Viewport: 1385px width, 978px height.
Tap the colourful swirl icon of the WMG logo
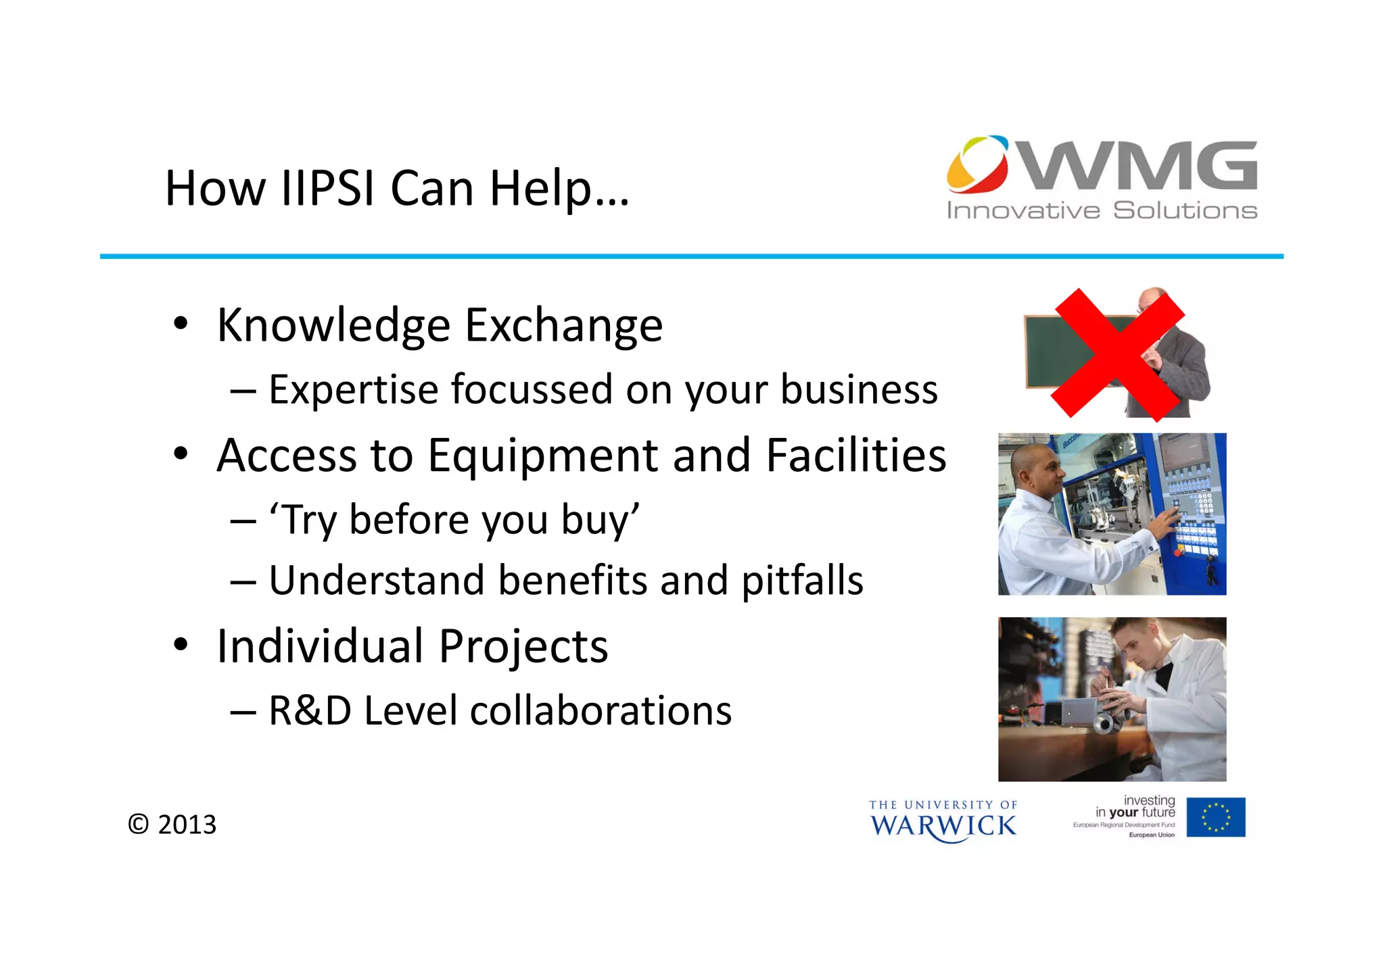978,164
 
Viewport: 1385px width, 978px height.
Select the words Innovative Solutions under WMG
1102,211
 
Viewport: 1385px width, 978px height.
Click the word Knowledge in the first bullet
333,326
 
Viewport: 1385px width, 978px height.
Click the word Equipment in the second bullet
542,456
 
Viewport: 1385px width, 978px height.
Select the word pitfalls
802,581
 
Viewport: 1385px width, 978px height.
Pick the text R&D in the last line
310,711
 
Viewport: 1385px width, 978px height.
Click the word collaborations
601,711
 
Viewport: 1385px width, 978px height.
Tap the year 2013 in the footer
187,825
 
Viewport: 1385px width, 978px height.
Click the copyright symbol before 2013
138,825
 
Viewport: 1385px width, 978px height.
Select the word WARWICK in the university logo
943,826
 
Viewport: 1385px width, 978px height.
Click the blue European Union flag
1215,817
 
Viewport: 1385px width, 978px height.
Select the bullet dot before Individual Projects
180,645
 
